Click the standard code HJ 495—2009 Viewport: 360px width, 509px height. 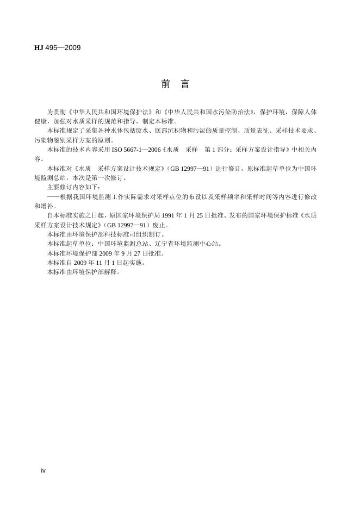click(57, 48)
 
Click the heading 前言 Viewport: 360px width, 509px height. click(175, 84)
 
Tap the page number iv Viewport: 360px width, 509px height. click(44, 470)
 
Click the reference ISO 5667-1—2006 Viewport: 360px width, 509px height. click(137, 149)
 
